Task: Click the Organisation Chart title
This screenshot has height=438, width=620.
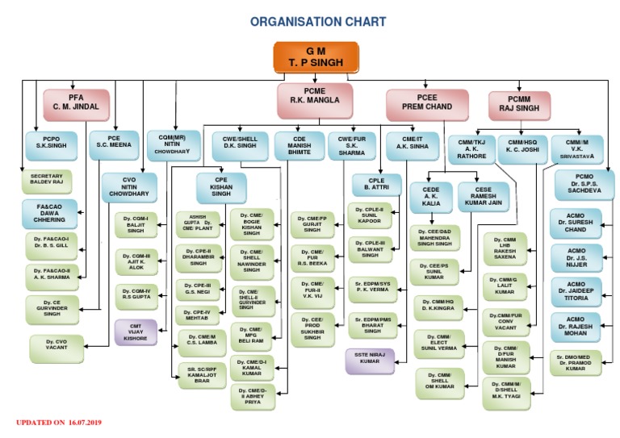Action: coord(317,22)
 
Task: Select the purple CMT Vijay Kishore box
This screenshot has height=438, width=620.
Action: coord(134,332)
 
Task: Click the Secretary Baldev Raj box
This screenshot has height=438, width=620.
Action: coord(46,181)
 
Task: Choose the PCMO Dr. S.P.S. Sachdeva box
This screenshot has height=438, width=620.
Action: coord(584,186)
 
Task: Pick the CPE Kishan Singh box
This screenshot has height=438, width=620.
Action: coord(221,187)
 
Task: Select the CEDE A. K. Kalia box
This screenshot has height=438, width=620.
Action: coord(431,198)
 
